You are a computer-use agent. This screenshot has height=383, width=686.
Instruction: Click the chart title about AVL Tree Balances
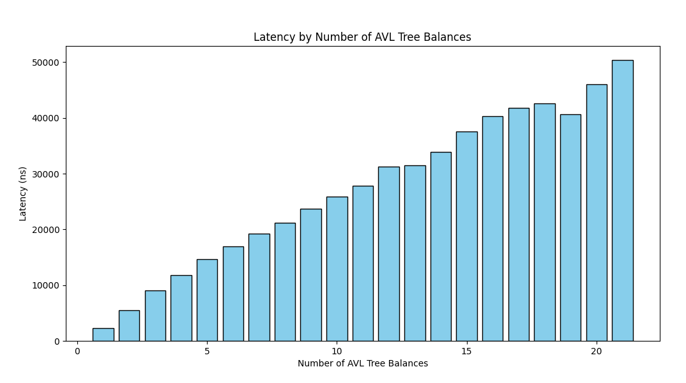[x=362, y=37]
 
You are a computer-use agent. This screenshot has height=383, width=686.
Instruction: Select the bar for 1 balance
[x=103, y=334]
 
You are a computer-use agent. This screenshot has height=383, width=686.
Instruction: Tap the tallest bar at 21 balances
[x=622, y=200]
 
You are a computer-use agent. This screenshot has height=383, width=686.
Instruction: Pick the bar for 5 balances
[x=207, y=300]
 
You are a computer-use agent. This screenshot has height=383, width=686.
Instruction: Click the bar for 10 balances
[x=337, y=269]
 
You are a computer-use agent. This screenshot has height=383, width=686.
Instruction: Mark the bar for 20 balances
[x=597, y=213]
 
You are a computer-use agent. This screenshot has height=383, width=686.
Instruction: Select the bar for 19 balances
[x=570, y=227]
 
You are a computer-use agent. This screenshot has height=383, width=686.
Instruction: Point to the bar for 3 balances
[x=155, y=315]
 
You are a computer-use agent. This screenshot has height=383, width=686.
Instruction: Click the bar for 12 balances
[x=388, y=253]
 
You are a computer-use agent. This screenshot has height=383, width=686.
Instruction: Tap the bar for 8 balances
[x=285, y=282]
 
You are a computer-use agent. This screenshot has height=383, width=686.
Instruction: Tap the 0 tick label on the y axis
[x=56, y=342]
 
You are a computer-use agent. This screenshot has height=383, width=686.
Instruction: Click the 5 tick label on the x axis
[x=207, y=352]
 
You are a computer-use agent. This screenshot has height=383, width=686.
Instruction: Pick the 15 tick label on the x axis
[x=466, y=352]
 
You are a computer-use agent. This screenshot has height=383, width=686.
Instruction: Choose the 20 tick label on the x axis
[x=597, y=352]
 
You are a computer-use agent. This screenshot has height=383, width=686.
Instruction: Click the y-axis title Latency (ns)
[x=23, y=193]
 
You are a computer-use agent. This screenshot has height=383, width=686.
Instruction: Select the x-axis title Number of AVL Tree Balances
[x=362, y=364]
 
